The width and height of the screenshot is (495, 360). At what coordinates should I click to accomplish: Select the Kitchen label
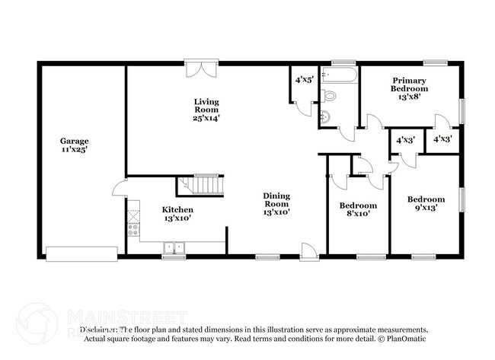(x=177, y=209)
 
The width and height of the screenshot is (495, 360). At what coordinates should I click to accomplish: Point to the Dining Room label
(x=276, y=199)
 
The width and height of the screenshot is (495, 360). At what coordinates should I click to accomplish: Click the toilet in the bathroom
(x=328, y=97)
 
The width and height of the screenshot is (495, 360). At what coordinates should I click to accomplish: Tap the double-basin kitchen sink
(x=174, y=247)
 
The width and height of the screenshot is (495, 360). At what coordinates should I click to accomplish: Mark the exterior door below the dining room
(x=308, y=252)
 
